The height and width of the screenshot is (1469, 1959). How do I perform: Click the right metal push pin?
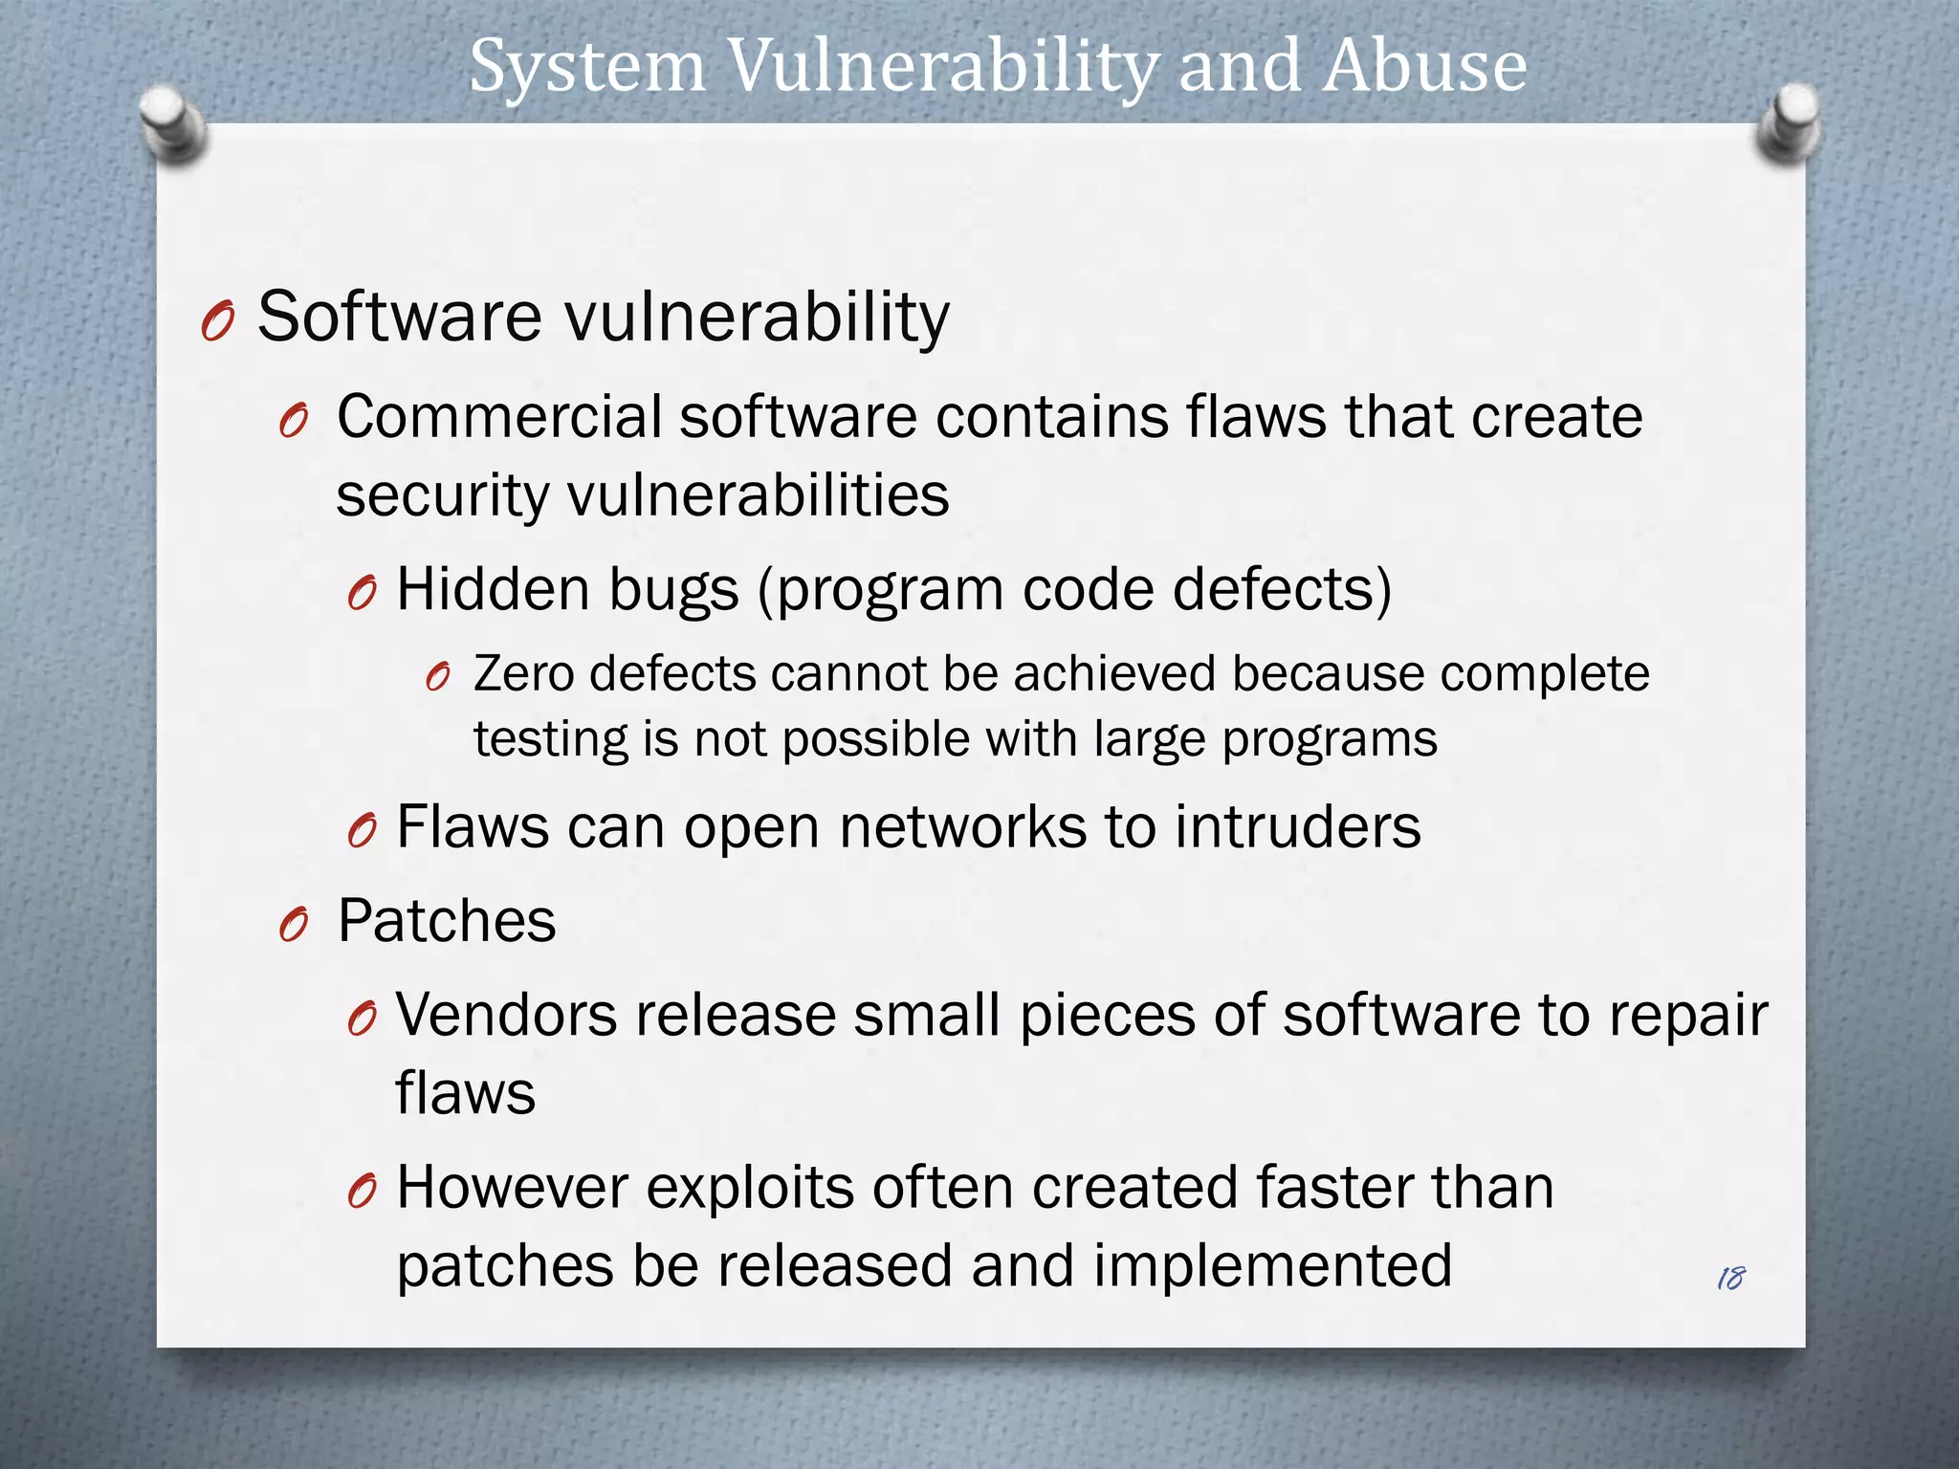(1789, 122)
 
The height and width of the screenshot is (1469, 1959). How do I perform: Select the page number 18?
(1730, 1278)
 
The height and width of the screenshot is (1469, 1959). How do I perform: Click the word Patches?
(447, 921)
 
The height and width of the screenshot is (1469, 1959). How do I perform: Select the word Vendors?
(506, 1015)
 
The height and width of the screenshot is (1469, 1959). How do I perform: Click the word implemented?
(1272, 1266)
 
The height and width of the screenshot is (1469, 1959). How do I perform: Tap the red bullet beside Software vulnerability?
(218, 321)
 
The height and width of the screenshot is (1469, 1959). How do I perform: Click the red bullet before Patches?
(294, 926)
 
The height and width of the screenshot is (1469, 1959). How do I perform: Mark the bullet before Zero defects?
(437, 678)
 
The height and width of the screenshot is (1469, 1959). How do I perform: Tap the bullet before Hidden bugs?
(362, 594)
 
